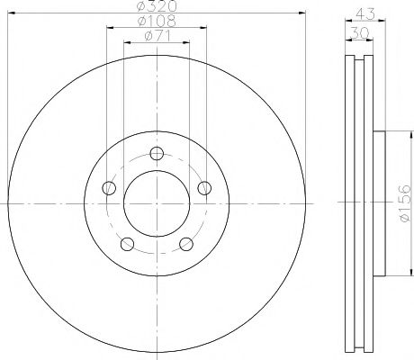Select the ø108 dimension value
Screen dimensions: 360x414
(157, 21)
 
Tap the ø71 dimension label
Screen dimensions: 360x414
(157, 36)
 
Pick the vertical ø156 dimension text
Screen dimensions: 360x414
(404, 202)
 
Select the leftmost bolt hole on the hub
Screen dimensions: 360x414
(110, 188)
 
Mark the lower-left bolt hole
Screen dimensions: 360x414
(128, 244)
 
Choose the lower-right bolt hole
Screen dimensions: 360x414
(188, 244)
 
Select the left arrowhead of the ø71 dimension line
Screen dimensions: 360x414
(126, 43)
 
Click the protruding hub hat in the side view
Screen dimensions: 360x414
(379, 203)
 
